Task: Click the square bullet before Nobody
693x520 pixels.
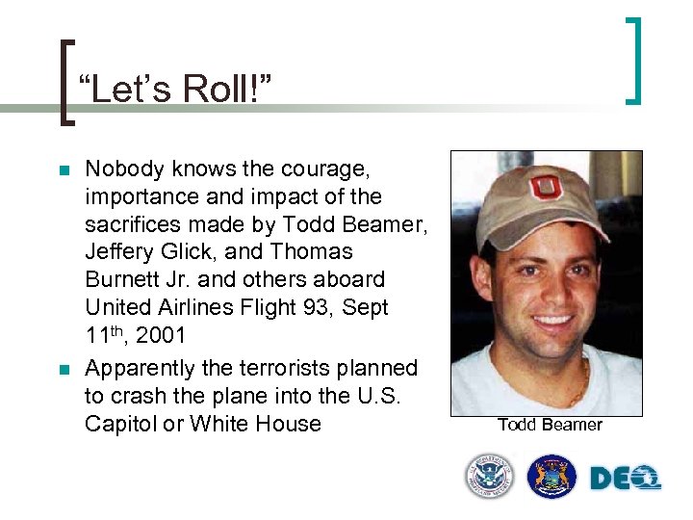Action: [64, 171]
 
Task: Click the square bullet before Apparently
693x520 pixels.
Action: [64, 370]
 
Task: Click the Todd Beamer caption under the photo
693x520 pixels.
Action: [550, 425]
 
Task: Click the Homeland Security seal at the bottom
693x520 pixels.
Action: [490, 477]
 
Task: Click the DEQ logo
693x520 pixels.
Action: [624, 477]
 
